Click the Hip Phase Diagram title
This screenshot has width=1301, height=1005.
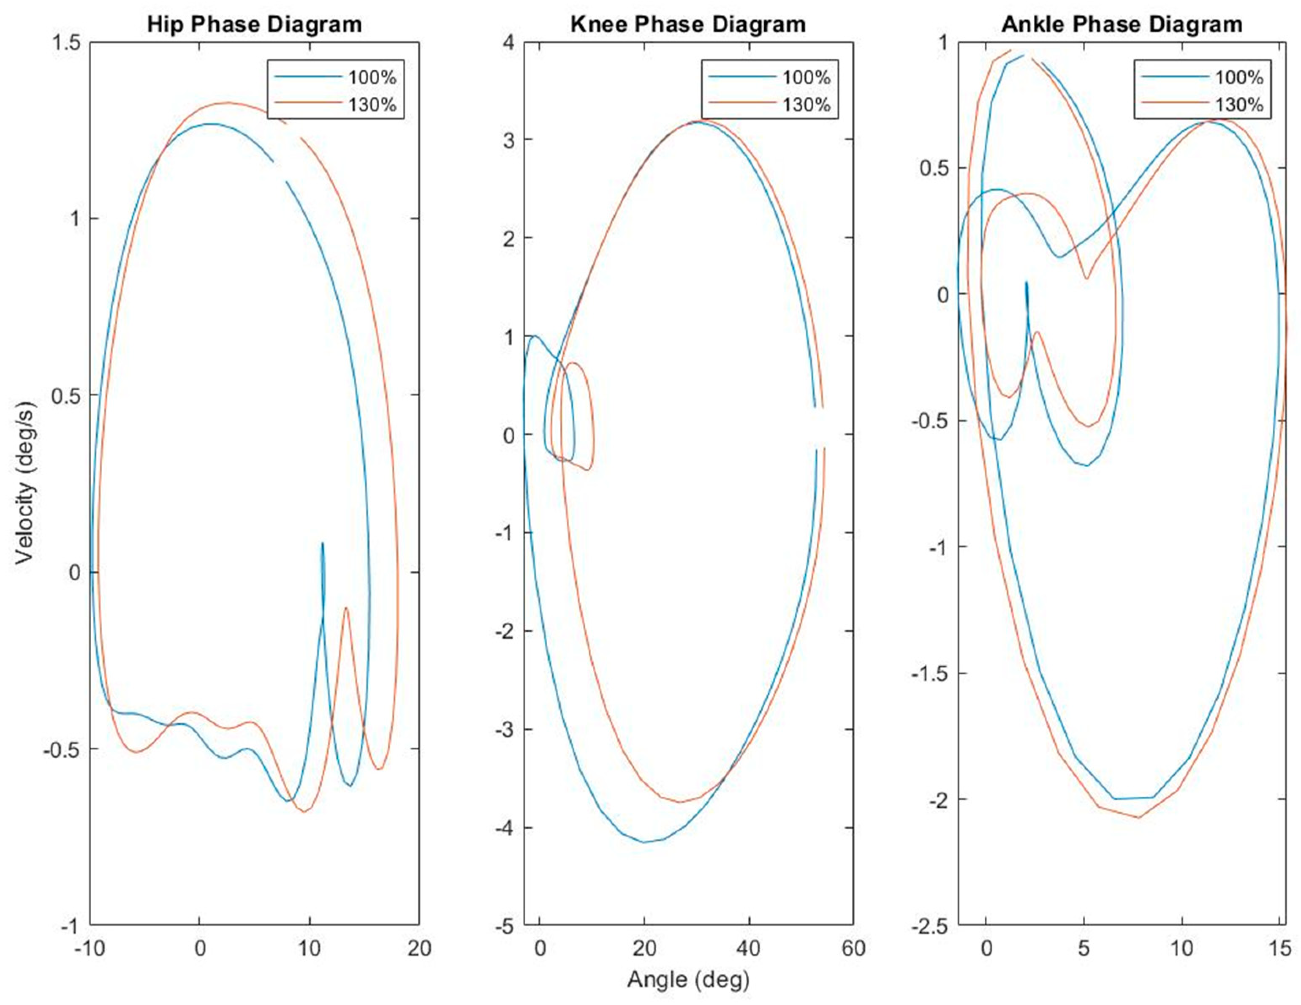click(x=254, y=25)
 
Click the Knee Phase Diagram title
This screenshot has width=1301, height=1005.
click(x=688, y=25)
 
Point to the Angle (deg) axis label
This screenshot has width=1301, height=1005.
click(x=688, y=979)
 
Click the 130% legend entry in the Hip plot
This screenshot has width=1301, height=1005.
click(x=372, y=105)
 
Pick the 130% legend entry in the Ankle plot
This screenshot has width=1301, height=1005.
click(x=1239, y=105)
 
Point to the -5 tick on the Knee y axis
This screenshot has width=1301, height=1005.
click(x=506, y=926)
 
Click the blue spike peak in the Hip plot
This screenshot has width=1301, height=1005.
click(x=322, y=543)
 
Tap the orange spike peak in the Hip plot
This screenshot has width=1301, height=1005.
click(x=345, y=608)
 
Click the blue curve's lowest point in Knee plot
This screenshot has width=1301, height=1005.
click(x=644, y=842)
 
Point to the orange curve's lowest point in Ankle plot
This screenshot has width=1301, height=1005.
click(x=1138, y=817)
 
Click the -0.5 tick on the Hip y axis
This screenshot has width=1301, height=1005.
click(x=61, y=749)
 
